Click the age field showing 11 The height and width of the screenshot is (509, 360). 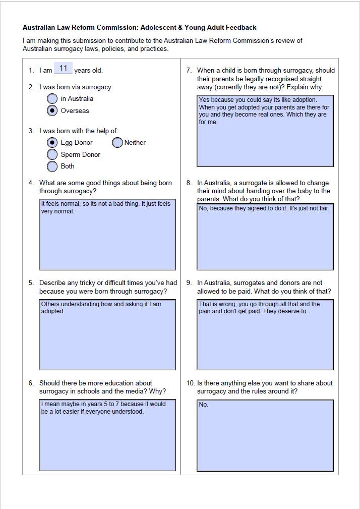[63, 69]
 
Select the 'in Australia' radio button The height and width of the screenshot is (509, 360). [52, 99]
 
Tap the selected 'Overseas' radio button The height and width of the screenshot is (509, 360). [52, 111]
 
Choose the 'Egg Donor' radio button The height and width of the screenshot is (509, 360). [52, 143]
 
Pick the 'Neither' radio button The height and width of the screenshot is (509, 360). [117, 143]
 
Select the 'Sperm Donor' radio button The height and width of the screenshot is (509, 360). [52, 154]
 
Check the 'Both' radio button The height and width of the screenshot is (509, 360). [52, 166]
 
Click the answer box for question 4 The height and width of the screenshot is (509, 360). [107, 235]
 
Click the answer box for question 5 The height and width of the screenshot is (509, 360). [107, 334]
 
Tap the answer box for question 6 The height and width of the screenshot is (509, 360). [107, 435]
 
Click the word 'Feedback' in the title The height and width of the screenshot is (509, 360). [241, 28]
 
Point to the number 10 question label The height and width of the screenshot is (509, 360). [190, 383]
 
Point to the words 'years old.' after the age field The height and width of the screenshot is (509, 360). [88, 71]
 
